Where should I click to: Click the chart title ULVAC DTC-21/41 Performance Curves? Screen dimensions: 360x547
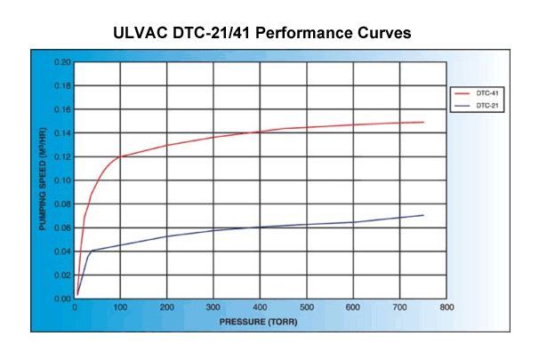[x=273, y=35]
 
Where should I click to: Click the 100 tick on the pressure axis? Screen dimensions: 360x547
[x=120, y=308]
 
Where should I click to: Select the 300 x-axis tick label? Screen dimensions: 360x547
[x=213, y=308]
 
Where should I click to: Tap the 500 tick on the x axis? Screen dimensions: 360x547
[x=306, y=308]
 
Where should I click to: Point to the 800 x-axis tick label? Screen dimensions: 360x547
[x=446, y=308]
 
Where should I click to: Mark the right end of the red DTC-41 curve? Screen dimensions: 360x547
[x=423, y=122]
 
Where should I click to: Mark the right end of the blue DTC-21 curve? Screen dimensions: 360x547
[x=423, y=215]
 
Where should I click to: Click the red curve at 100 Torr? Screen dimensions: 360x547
[x=120, y=156]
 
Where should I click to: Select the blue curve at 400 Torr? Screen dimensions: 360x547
[x=260, y=227]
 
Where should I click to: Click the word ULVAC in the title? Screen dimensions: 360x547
[x=141, y=35]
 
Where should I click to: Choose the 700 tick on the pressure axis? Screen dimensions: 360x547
[x=399, y=308]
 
